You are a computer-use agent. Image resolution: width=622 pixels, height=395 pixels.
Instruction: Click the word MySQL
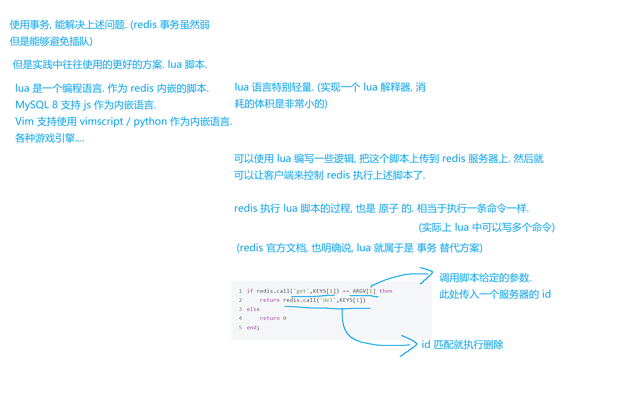click(32, 105)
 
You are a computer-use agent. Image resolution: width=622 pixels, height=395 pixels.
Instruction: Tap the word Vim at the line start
click(24, 122)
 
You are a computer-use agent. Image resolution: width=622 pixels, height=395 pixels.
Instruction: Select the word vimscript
click(101, 122)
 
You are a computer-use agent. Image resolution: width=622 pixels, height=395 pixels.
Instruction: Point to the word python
click(150, 122)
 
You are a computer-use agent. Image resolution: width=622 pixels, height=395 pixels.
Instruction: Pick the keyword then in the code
click(386, 291)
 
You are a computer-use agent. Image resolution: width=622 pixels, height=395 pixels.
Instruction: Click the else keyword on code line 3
click(253, 309)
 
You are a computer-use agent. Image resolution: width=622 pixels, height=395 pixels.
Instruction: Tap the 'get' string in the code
click(301, 291)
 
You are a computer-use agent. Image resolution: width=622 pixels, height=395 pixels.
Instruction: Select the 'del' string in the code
click(328, 300)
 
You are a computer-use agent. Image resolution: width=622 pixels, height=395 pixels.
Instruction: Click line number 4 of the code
click(240, 318)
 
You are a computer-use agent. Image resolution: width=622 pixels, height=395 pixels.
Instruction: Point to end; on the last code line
click(253, 327)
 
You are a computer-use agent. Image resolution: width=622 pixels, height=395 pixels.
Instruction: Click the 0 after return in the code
click(284, 318)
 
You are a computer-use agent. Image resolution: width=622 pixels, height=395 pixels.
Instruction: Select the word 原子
click(388, 208)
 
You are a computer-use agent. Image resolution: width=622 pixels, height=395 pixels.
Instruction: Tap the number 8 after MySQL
click(55, 105)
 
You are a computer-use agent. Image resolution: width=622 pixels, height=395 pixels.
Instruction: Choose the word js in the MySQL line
click(87, 105)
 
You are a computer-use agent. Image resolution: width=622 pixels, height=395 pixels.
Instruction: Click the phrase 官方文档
click(286, 248)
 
